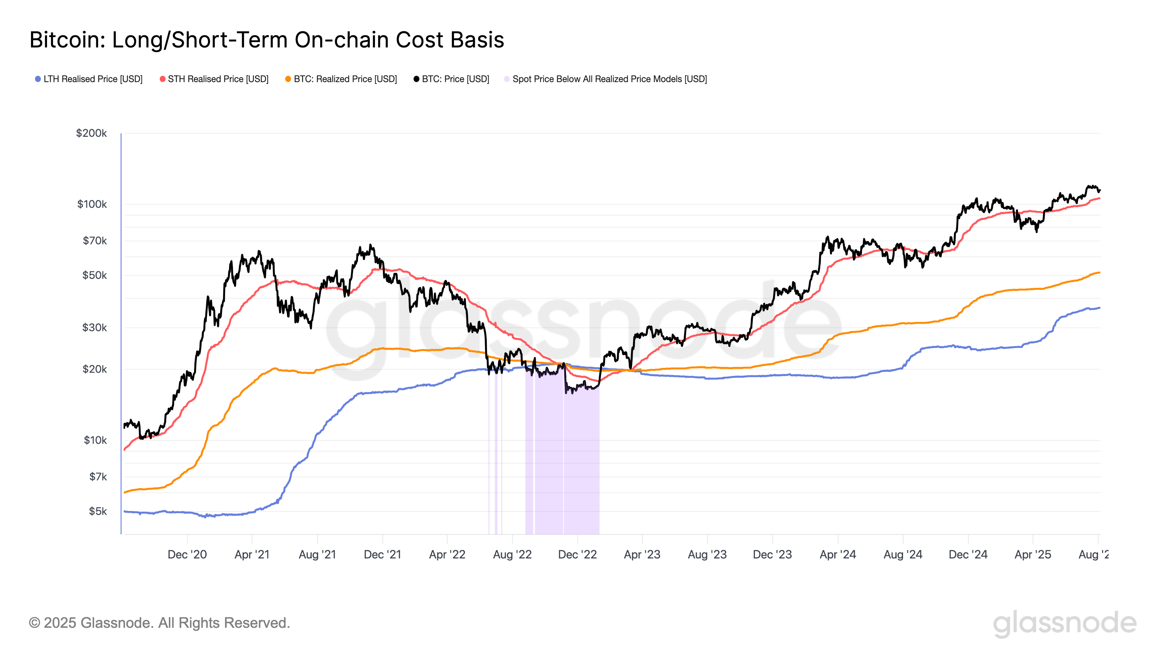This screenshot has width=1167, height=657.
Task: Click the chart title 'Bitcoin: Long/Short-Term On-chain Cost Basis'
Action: click(x=266, y=40)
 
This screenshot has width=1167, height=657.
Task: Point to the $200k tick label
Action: click(x=92, y=133)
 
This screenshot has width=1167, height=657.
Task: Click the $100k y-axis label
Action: click(x=92, y=204)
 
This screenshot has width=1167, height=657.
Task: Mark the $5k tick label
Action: click(x=97, y=511)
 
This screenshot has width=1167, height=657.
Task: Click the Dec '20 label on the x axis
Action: click(x=187, y=554)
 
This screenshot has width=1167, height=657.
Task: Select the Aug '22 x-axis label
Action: click(x=512, y=554)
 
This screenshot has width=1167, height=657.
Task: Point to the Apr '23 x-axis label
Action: click(x=642, y=554)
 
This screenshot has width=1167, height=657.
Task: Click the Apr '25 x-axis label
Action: click(x=1032, y=554)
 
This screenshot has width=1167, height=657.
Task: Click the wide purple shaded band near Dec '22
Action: click(x=581, y=462)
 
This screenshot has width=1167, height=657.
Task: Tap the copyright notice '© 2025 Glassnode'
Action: click(x=159, y=623)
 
